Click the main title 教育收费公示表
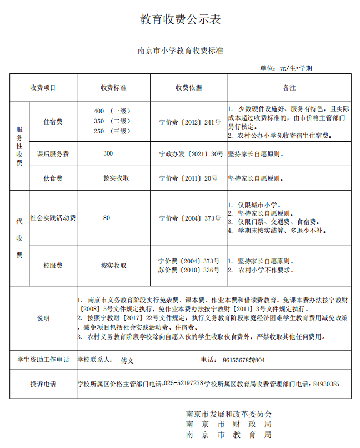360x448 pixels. click(x=180, y=19)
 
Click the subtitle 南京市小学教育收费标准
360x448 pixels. click(x=180, y=51)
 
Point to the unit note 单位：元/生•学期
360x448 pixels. click(x=286, y=68)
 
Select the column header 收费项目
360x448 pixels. click(x=43, y=88)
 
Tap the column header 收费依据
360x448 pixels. click(x=188, y=88)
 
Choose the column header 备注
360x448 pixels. click(x=289, y=88)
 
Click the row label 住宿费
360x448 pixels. click(x=53, y=121)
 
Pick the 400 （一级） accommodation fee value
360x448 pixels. click(x=112, y=111)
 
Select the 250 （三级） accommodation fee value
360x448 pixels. click(x=112, y=131)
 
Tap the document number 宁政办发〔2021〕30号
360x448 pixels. click(x=191, y=153)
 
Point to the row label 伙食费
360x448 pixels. click(x=53, y=178)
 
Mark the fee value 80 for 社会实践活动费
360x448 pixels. click(x=107, y=218)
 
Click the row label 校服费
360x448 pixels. click(x=53, y=266)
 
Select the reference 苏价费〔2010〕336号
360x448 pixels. click(x=189, y=270)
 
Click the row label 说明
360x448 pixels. click(x=43, y=318)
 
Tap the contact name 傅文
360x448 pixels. click(x=127, y=360)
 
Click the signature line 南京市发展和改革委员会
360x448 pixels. click(x=228, y=414)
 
